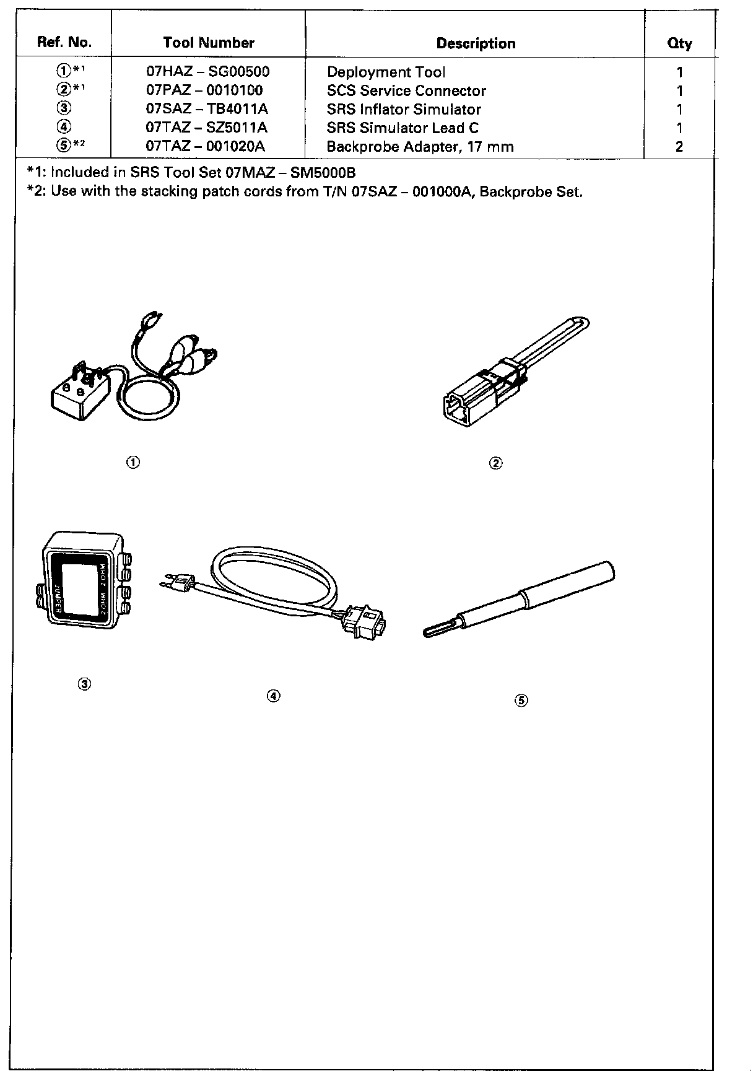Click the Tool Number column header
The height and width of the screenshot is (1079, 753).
pos(209,43)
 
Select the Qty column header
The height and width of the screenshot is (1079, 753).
pos(679,43)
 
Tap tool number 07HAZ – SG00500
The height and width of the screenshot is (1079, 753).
pos(207,72)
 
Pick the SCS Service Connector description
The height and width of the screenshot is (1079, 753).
pos(406,90)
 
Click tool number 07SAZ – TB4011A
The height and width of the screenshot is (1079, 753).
pos(207,109)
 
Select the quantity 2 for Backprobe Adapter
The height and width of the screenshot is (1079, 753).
pos(679,147)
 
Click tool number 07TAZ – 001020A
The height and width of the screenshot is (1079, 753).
pos(207,147)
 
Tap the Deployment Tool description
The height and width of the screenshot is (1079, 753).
pos(386,72)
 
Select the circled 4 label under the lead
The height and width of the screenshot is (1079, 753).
pos(274,696)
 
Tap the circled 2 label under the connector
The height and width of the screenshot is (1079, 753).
pos(495,463)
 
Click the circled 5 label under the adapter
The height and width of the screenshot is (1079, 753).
pos(521,701)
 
